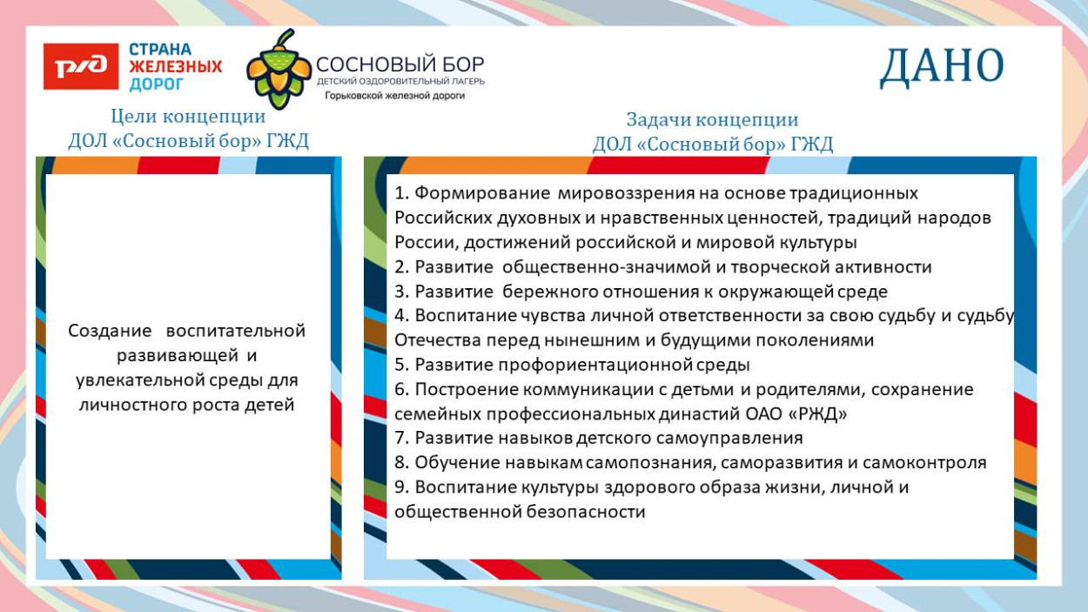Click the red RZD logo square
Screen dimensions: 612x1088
[x=81, y=67]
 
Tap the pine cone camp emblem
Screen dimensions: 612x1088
[x=279, y=70]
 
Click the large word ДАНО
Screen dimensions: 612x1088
[x=942, y=68]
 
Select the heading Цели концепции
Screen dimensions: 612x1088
[x=188, y=117]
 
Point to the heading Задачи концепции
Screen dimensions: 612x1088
[x=712, y=120]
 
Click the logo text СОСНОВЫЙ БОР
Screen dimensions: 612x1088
[x=400, y=64]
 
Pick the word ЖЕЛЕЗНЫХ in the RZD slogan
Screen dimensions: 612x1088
[x=176, y=67]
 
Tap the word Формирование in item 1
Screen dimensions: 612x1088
[x=482, y=193]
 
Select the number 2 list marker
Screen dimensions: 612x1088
[x=400, y=267]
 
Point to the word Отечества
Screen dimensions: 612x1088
[x=437, y=340]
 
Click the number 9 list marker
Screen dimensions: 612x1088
[x=400, y=488]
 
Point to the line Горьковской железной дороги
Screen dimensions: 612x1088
[x=394, y=96]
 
